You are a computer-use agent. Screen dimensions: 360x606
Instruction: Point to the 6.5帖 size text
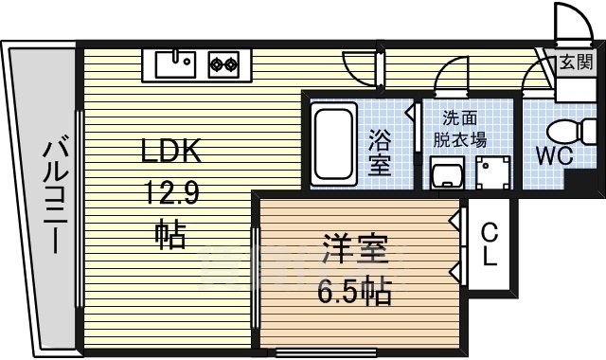click(354, 292)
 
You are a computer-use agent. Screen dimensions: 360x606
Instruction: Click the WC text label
click(554, 155)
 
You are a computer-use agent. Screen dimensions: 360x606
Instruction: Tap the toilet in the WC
click(567, 129)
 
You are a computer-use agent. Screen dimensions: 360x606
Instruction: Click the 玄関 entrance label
click(574, 63)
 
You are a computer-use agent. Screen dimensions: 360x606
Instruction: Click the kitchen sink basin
click(173, 64)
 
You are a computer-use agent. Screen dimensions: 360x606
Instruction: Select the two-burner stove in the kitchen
click(223, 64)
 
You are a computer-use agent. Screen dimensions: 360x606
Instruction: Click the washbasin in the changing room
click(444, 172)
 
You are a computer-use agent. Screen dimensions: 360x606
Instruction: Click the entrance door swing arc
click(571, 21)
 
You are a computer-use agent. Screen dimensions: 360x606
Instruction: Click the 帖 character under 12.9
click(170, 232)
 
